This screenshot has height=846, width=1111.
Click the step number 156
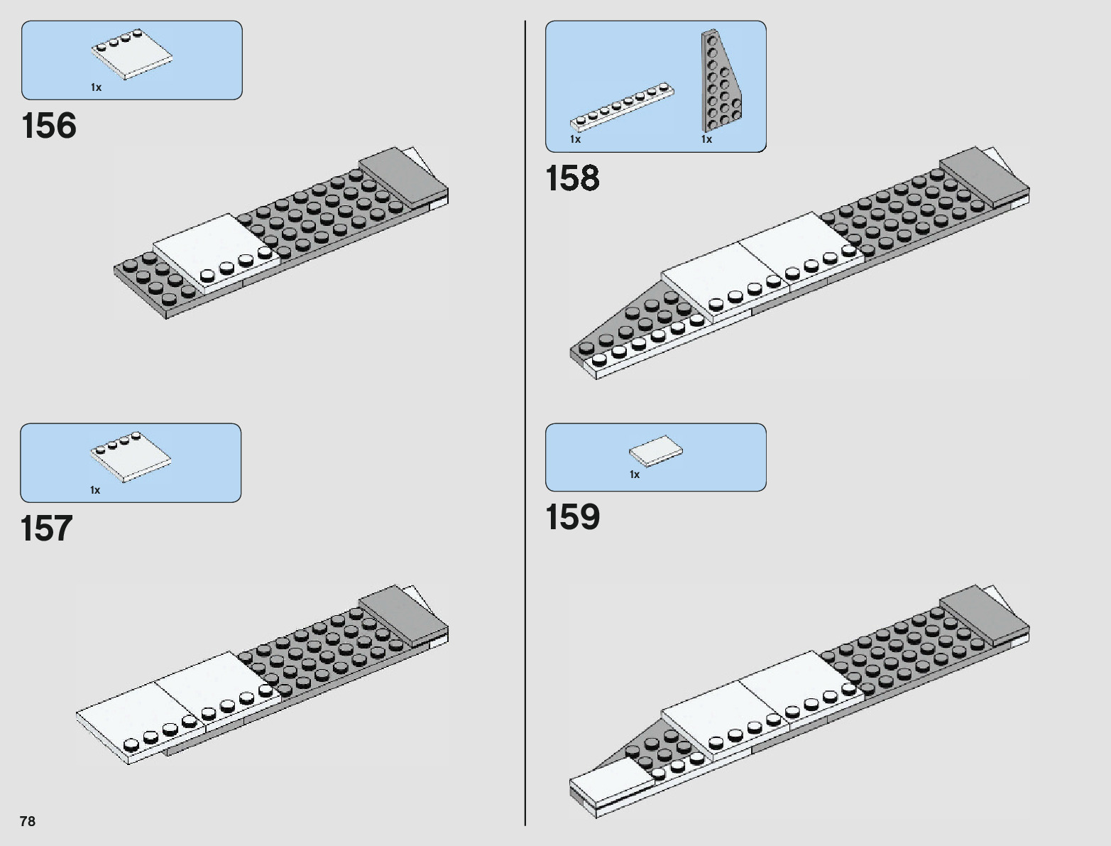49,126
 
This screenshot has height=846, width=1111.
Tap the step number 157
47,529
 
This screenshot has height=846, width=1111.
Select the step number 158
572,178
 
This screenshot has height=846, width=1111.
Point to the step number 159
572,517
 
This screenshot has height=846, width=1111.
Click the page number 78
28,821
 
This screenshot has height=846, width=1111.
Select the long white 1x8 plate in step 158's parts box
623,108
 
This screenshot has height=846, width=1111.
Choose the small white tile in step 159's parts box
656,451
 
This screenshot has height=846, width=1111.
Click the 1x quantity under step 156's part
96,87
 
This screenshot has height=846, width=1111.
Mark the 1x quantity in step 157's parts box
95,490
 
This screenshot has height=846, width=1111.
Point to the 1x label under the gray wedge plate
706,139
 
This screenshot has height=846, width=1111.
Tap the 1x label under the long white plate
575,139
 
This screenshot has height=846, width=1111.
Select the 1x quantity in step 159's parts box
635,474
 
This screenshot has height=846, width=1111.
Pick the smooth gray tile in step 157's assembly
401,613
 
